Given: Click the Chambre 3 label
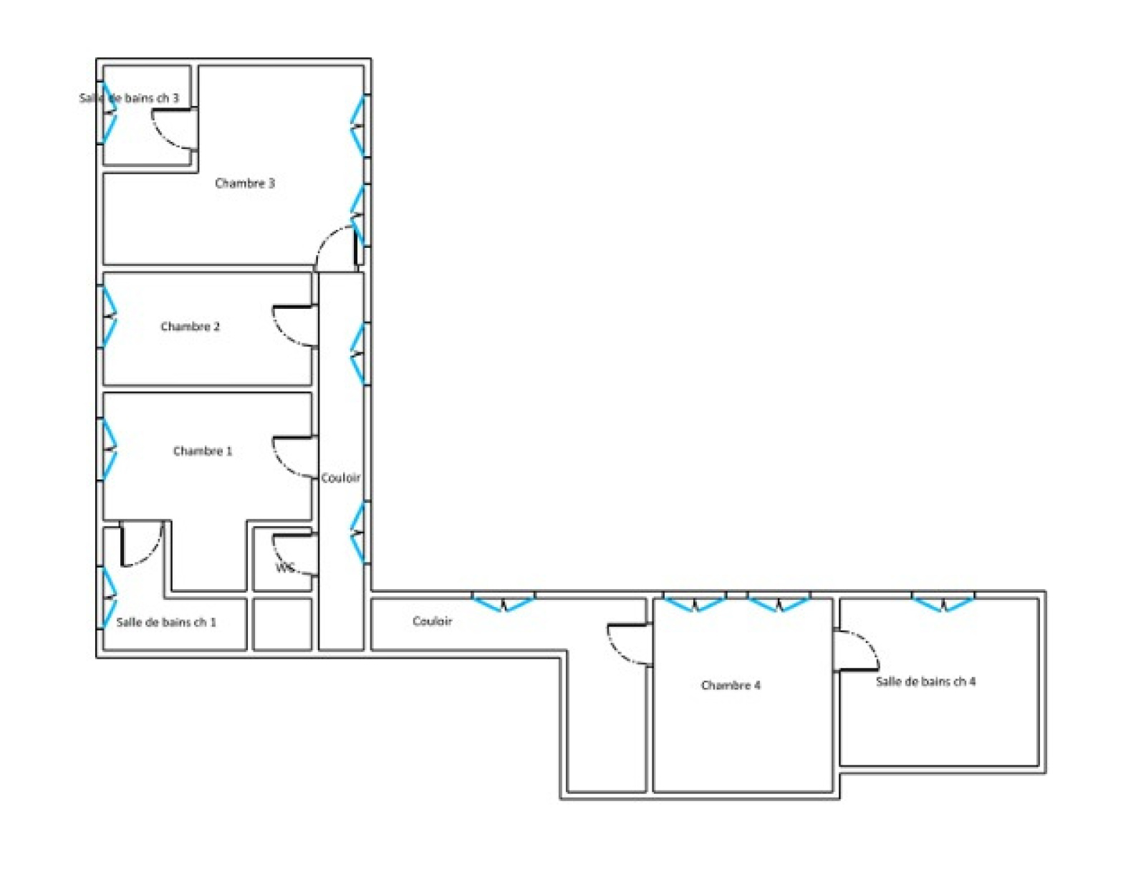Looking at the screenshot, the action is (245, 183).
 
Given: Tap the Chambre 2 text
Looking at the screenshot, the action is (190, 327).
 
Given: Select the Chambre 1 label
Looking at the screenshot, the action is (203, 451).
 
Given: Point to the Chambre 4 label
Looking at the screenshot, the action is (731, 685).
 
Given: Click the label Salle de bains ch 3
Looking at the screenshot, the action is (129, 97).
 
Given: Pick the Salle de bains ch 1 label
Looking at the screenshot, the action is (166, 622).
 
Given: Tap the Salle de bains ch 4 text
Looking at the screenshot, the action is (925, 681).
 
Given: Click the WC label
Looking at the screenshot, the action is (285, 568).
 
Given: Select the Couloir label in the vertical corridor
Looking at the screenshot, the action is (341, 477).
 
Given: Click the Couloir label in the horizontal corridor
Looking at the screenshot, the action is (432, 621).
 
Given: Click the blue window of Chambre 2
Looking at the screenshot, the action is (109, 317).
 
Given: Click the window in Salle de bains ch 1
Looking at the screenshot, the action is (109, 598).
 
